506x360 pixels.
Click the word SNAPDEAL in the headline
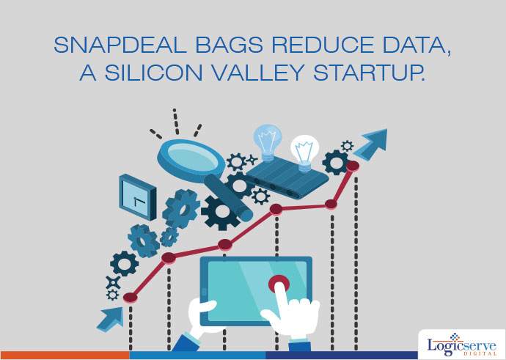[x=120, y=45]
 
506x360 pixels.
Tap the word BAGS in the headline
[x=229, y=45]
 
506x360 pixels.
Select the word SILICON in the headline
[x=153, y=73]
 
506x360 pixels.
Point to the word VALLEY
[x=258, y=73]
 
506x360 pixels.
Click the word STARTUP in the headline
[x=369, y=73]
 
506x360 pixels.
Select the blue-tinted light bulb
[x=268, y=142]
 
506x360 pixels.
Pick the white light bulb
[x=304, y=153]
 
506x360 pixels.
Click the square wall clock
[x=138, y=197]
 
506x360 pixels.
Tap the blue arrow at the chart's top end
[x=372, y=144]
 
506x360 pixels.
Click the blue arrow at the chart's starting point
[x=110, y=320]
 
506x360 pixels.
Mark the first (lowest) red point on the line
[x=131, y=298]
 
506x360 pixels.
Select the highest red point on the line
[x=353, y=166]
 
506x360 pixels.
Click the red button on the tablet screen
[x=279, y=284]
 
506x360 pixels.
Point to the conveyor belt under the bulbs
[x=287, y=177]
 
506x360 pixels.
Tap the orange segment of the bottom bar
[x=65, y=355]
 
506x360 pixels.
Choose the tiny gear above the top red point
[x=347, y=146]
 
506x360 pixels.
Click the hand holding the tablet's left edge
[x=200, y=315]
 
